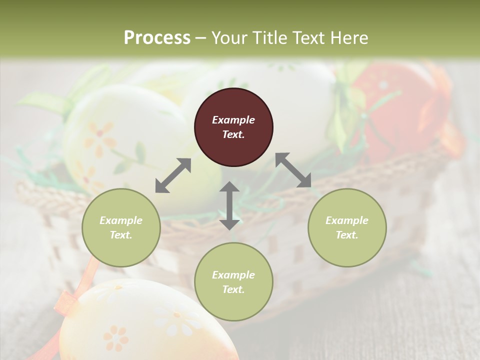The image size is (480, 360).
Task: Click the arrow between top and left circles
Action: click(173, 175)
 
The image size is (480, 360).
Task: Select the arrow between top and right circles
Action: click(293, 170)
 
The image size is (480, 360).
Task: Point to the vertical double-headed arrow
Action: click(229, 205)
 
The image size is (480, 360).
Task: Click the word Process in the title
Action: click(157, 37)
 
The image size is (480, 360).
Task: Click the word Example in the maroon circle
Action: click(233, 120)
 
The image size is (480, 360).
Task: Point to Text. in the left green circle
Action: click(121, 235)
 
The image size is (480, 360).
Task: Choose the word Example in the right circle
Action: click(347, 220)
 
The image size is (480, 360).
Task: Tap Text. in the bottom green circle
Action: click(233, 289)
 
